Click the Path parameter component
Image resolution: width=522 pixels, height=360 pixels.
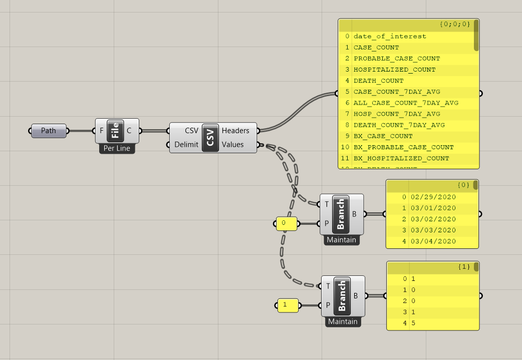[49, 131]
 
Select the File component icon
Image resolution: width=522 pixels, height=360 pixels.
[115, 131]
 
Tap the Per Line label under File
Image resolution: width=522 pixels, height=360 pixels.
[117, 149]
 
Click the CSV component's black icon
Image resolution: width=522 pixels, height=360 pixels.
[210, 138]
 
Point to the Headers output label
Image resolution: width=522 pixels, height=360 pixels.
[235, 131]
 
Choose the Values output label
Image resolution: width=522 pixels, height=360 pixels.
[232, 145]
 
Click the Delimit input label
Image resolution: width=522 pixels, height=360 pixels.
[186, 145]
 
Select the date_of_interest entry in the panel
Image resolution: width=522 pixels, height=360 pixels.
[390, 36]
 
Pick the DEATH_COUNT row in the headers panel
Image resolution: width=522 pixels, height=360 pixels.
[378, 81]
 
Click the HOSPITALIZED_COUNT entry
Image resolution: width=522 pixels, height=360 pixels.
[394, 70]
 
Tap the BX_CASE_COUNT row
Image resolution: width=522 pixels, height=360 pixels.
[383, 136]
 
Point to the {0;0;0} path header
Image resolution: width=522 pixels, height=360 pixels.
[454, 24]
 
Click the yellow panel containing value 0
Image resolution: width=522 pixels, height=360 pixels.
[287, 223]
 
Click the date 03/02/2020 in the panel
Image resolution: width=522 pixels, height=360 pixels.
[433, 219]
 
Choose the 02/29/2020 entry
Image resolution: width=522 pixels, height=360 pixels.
[433, 197]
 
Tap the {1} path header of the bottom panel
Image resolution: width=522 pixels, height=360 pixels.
[464, 267]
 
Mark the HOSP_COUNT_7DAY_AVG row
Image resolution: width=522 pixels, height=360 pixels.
[397, 114]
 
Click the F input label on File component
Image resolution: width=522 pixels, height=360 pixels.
[102, 131]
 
